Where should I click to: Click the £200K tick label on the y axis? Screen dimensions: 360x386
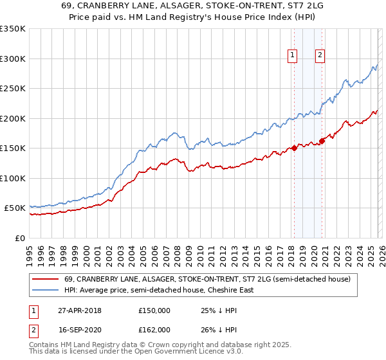tap(12, 118)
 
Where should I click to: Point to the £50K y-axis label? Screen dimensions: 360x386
tap(14, 208)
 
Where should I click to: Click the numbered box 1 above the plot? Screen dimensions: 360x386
tap(293, 56)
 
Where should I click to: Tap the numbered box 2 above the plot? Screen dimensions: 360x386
tap(320, 56)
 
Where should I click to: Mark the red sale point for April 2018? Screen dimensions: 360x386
tap(294, 148)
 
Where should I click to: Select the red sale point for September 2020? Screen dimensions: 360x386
tap(322, 141)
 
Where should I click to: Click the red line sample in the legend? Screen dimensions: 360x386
tap(46, 279)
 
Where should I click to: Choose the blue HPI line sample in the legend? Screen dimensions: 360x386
tap(46, 290)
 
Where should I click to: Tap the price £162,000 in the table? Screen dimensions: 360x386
tap(154, 329)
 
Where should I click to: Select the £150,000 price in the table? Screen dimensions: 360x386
tap(154, 310)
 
